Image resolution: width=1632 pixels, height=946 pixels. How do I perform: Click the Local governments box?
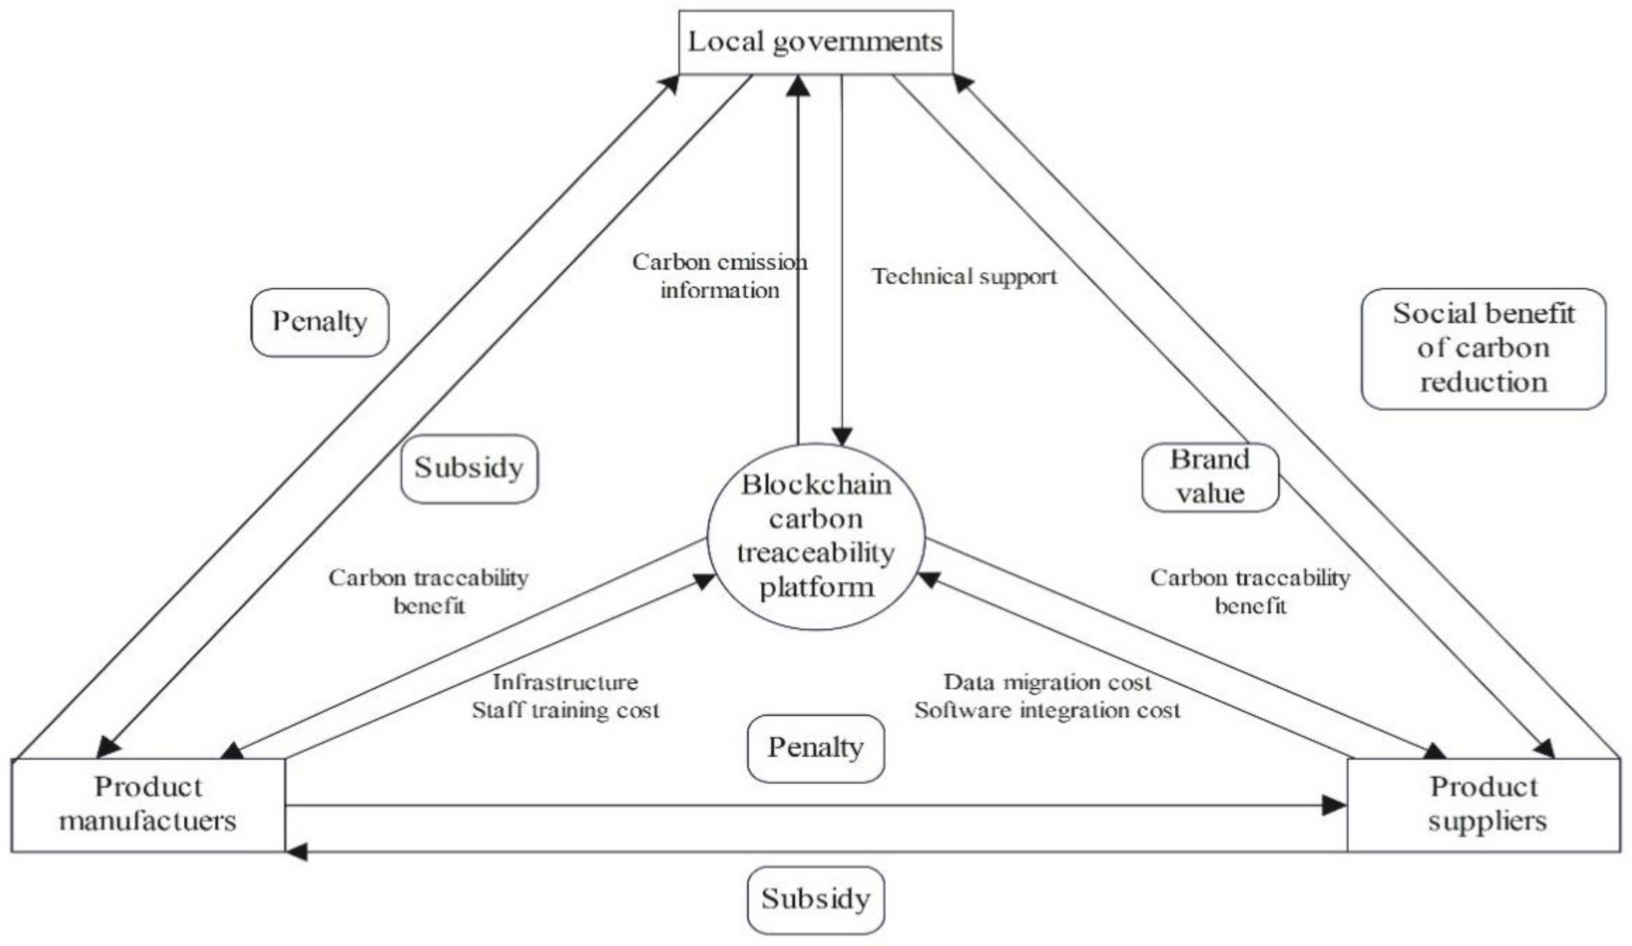tap(815, 42)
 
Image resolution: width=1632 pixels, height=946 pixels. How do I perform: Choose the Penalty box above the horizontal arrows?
tap(815, 748)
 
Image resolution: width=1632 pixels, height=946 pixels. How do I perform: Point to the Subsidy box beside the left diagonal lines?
tap(469, 468)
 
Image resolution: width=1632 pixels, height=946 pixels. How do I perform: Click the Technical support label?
tap(964, 277)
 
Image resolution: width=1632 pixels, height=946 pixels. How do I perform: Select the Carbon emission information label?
tap(719, 276)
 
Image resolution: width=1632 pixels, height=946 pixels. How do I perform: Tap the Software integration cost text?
tap(1047, 711)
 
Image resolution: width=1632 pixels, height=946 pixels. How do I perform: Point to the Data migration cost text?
tap(1047, 682)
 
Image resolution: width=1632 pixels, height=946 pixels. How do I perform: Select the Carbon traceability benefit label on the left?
tap(428, 591)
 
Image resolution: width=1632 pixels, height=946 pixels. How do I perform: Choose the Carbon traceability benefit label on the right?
tap(1249, 591)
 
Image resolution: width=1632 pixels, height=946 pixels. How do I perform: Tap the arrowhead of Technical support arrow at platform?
tap(841, 437)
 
